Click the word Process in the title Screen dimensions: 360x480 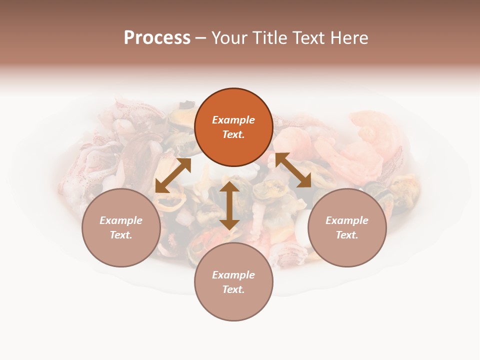pyautogui.click(x=157, y=38)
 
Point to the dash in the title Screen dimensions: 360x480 pyautogui.click(x=201, y=38)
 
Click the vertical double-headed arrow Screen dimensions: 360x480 pyautogui.click(x=229, y=205)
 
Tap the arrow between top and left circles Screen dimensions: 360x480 pyautogui.click(x=173, y=175)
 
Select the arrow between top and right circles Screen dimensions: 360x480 pyautogui.click(x=293, y=170)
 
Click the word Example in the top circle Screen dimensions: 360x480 pyautogui.click(x=233, y=120)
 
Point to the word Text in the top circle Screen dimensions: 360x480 pyautogui.click(x=233, y=134)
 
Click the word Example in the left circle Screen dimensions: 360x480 pyautogui.click(x=121, y=220)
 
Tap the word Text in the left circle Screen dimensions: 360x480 pyautogui.click(x=121, y=235)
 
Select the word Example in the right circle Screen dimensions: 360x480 pyautogui.click(x=347, y=220)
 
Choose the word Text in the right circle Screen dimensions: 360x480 pyautogui.click(x=347, y=235)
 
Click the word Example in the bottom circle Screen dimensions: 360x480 pyautogui.click(x=233, y=275)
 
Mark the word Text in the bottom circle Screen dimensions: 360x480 pyautogui.click(x=233, y=289)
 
